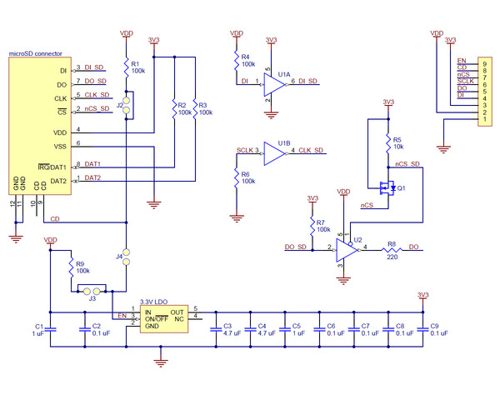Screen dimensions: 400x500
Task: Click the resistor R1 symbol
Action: [127, 66]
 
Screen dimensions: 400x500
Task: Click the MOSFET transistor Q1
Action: [386, 189]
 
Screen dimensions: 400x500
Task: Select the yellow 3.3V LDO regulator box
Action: [162, 317]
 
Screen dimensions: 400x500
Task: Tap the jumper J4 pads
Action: [127, 257]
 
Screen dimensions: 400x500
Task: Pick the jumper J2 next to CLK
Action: [127, 102]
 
